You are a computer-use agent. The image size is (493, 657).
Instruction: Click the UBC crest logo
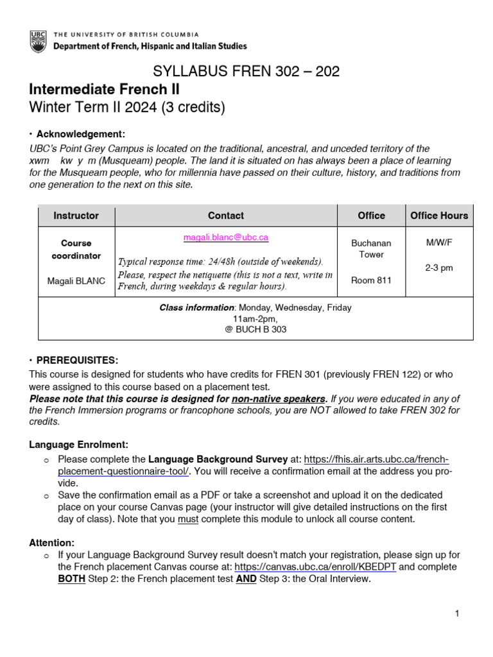pyautogui.click(x=38, y=40)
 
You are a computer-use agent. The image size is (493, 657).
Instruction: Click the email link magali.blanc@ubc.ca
pyautogui.click(x=226, y=237)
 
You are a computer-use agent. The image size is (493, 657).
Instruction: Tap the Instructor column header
pyautogui.click(x=76, y=216)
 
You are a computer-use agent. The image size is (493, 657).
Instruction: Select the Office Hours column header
pyautogui.click(x=439, y=216)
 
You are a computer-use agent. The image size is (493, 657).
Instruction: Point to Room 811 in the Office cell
pyautogui.click(x=371, y=280)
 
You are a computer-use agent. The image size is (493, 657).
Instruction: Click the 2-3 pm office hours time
pyautogui.click(x=439, y=268)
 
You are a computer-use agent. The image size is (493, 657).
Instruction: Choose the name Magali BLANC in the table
pyautogui.click(x=76, y=281)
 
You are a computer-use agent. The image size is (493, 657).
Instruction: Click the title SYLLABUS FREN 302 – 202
pyautogui.click(x=246, y=72)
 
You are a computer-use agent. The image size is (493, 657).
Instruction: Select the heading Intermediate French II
pyautogui.click(x=105, y=89)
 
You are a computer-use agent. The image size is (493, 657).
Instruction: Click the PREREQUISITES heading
pyautogui.click(x=77, y=360)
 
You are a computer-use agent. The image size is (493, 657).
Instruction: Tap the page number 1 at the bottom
pyautogui.click(x=457, y=614)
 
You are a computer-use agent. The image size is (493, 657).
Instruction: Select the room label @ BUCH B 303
pyautogui.click(x=255, y=330)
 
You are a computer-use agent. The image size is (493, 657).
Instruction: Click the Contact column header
pyautogui.click(x=226, y=216)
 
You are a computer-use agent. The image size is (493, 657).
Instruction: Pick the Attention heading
pyautogui.click(x=52, y=542)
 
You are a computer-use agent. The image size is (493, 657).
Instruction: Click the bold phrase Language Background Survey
pyautogui.click(x=218, y=459)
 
